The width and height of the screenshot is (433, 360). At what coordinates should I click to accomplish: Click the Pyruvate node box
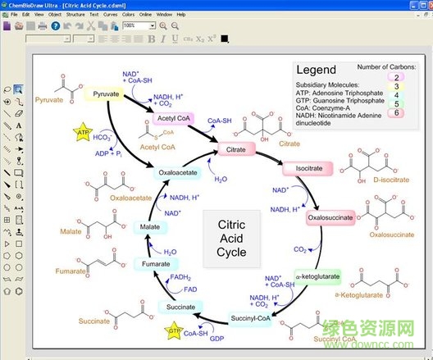coord(107,94)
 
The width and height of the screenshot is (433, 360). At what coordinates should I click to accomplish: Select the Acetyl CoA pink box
coord(171,120)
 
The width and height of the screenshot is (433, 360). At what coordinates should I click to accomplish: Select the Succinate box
coord(180,307)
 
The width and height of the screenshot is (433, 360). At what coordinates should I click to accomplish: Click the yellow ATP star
coord(83,133)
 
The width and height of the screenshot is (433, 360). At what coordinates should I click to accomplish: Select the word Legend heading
coord(316,71)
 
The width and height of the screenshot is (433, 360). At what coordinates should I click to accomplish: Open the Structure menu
coord(75,15)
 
